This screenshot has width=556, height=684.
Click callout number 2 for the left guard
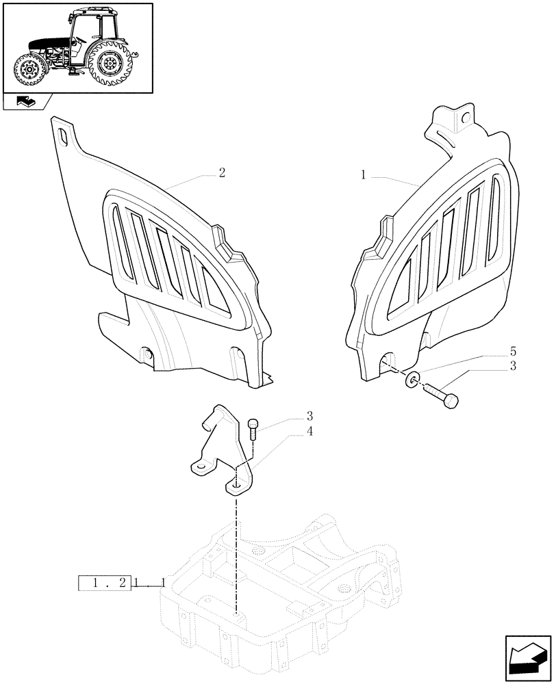tap(221, 173)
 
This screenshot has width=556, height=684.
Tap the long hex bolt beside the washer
tap(442, 395)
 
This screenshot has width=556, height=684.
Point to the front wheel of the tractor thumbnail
tap(29, 69)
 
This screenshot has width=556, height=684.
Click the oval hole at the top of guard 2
tap(62, 135)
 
